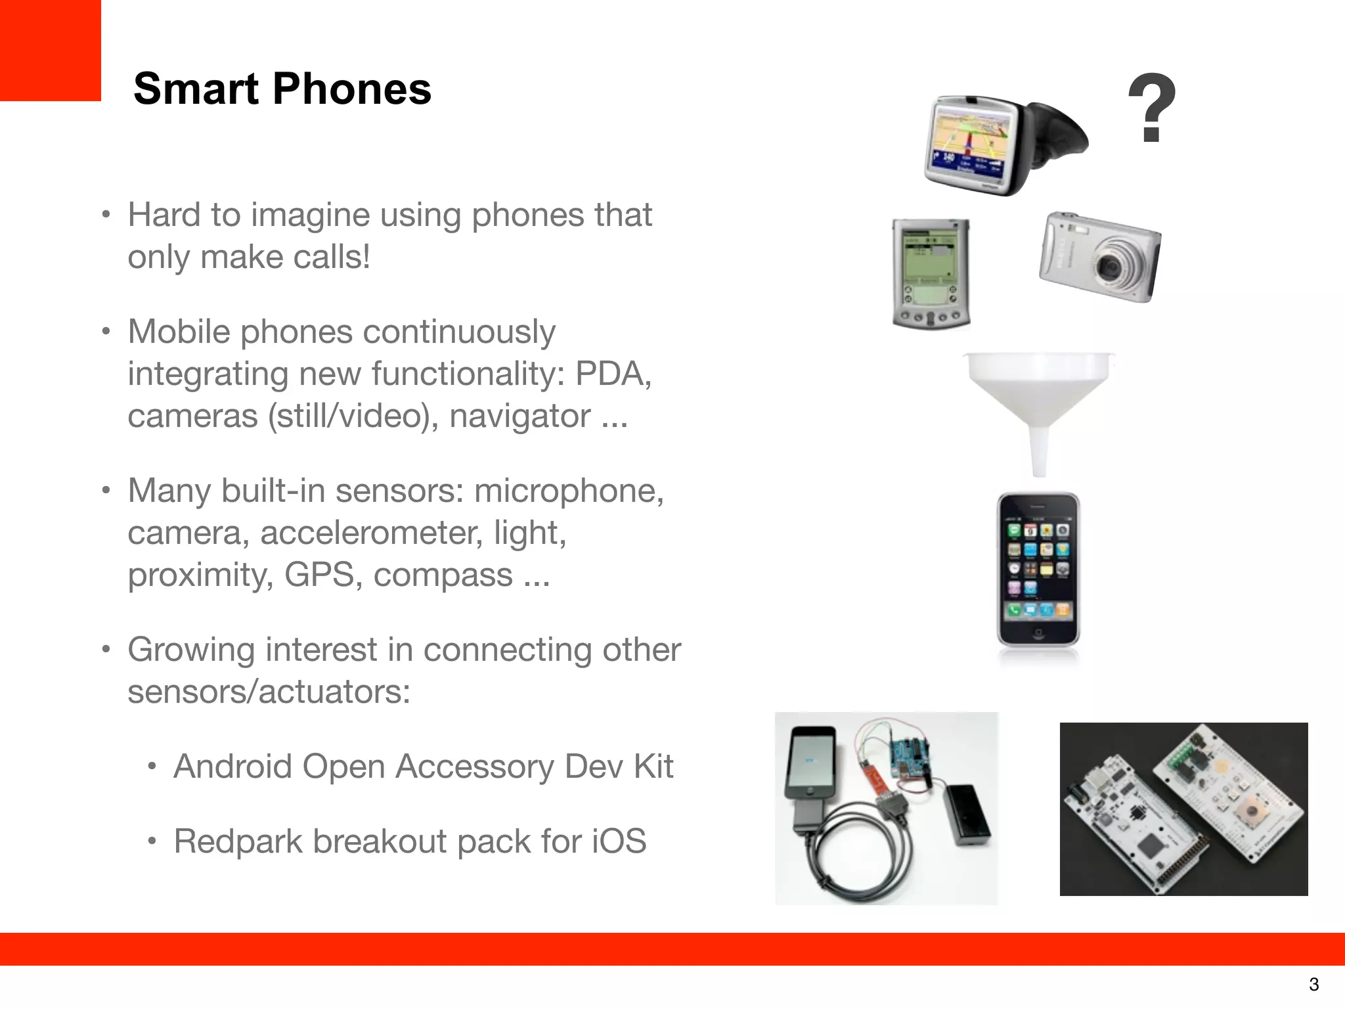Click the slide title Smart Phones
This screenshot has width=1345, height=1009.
tap(282, 89)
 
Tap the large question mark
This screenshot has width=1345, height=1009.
tap(1151, 108)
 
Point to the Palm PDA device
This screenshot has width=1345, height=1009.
tap(931, 273)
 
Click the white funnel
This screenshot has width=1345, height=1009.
tap(1038, 401)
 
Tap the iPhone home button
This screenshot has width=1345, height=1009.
tap(1038, 634)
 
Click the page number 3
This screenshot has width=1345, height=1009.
tap(1313, 985)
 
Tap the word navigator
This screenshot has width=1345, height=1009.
tap(519, 416)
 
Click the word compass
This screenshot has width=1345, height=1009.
tap(443, 575)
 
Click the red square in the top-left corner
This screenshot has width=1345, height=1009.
tap(50, 50)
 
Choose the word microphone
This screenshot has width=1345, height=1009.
tap(569, 491)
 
